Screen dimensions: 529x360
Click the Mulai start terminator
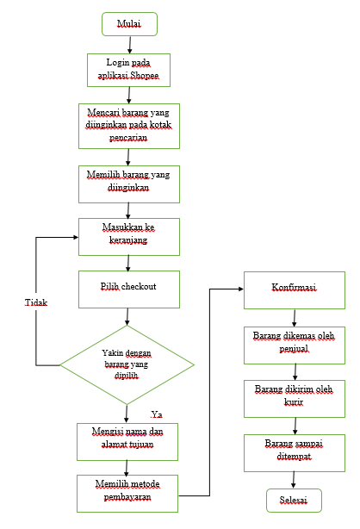(x=129, y=24)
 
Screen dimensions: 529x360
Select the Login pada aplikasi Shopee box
(x=129, y=70)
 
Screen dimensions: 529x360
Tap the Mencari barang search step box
(x=129, y=125)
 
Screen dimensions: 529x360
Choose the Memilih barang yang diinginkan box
(x=129, y=181)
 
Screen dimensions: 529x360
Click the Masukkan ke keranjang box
(x=129, y=236)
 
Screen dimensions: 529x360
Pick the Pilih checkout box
(x=129, y=289)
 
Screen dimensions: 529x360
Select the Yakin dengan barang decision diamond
(x=127, y=365)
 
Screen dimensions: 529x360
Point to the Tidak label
(x=35, y=303)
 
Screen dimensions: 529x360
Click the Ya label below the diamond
(x=156, y=415)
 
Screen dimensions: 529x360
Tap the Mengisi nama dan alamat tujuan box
(x=129, y=441)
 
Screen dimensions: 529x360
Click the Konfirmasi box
(x=295, y=290)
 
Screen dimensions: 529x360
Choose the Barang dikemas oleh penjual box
(x=295, y=344)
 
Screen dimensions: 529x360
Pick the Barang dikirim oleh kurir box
(x=295, y=397)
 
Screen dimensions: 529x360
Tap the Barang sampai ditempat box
(x=295, y=451)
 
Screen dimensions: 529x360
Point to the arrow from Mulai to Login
(x=129, y=45)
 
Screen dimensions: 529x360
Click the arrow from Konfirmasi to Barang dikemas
(x=295, y=317)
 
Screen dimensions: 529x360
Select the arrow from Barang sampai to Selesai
(x=295, y=480)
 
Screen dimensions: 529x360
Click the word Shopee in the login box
(x=145, y=76)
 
